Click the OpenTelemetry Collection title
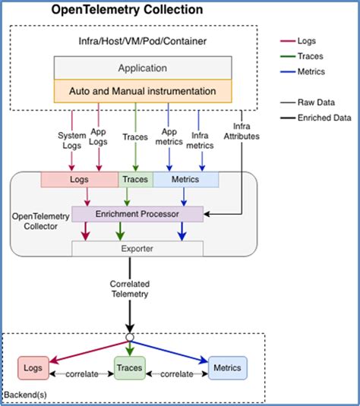pos(127,11)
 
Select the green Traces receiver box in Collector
pos(135,180)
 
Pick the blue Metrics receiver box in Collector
pos(185,180)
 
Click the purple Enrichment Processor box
pos(137,215)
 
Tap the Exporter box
pos(137,247)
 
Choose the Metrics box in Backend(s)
pos(227,368)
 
